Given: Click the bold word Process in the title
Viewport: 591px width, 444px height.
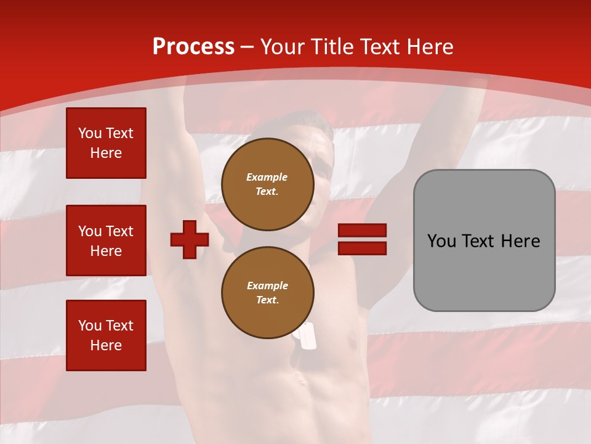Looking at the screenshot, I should point(193,47).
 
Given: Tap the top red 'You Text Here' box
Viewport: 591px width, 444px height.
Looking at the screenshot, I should point(106,143).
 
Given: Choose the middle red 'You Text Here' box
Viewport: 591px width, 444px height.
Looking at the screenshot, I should point(106,240).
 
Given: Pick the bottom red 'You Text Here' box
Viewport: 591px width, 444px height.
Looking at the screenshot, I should point(106,335).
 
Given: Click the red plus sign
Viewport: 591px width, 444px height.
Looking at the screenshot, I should point(190,239).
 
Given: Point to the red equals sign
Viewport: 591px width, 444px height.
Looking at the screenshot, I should point(362,239).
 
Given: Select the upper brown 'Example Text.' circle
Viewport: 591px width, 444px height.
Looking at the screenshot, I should point(268,184).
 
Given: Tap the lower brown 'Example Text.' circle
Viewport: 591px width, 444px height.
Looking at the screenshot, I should point(268,293).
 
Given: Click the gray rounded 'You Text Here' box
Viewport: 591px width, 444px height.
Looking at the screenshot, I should point(484,240).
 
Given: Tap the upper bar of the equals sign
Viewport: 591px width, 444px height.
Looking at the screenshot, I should point(362,231).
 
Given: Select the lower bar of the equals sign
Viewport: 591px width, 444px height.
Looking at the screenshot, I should point(362,248).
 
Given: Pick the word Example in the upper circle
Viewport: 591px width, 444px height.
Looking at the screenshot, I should point(267,177).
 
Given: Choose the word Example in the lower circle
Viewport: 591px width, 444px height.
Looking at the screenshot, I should point(267,286).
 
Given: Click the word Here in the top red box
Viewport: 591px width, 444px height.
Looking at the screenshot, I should point(106,153).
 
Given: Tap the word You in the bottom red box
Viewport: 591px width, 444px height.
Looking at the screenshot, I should point(89,326).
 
